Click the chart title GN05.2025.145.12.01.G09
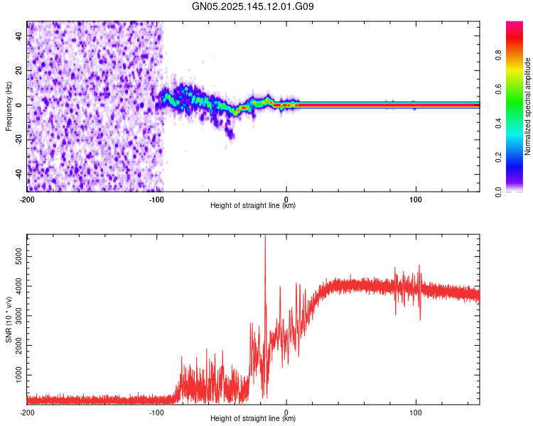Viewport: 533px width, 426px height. click(254, 6)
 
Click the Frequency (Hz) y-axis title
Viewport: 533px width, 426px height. click(9, 106)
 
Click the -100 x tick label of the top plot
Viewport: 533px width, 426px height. click(156, 198)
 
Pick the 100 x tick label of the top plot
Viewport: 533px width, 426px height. click(415, 198)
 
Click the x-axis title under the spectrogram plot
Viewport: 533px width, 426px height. click(253, 206)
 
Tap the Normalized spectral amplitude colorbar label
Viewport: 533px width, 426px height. click(528, 106)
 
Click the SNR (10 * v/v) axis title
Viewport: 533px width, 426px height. click(9, 319)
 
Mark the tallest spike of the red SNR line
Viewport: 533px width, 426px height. click(265, 237)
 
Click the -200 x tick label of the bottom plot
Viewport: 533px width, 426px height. click(27, 412)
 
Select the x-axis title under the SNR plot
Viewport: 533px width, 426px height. click(253, 419)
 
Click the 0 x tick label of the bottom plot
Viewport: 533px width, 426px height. click(286, 412)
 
